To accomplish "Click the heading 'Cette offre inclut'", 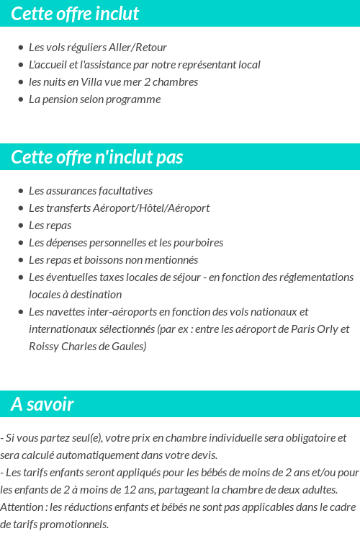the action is click(75, 14).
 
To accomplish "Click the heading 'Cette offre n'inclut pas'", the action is click(97, 157).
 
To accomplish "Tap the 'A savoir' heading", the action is click(42, 404).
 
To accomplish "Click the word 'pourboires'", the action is click(198, 243).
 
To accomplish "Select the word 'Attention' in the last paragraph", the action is click(22, 507).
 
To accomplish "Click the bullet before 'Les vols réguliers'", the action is click(21, 48).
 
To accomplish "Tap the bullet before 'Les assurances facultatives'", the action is click(21, 191).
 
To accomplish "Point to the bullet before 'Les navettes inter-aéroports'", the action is click(21, 312).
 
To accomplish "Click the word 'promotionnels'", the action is click(73, 525).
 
